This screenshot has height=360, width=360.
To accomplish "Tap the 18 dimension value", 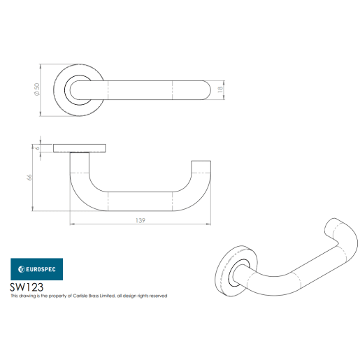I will (221, 89).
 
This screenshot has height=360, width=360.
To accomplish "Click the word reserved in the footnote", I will (156, 296).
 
